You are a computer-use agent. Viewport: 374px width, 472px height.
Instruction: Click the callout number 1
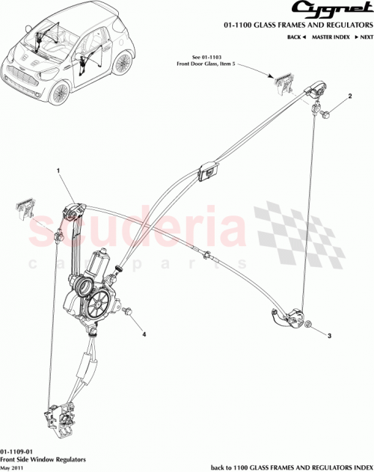pyautogui.click(x=57, y=171)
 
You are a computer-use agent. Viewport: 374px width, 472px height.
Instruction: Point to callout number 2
pyautogui.click(x=349, y=98)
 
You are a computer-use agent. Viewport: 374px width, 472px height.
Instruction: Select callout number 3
pyautogui.click(x=328, y=337)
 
